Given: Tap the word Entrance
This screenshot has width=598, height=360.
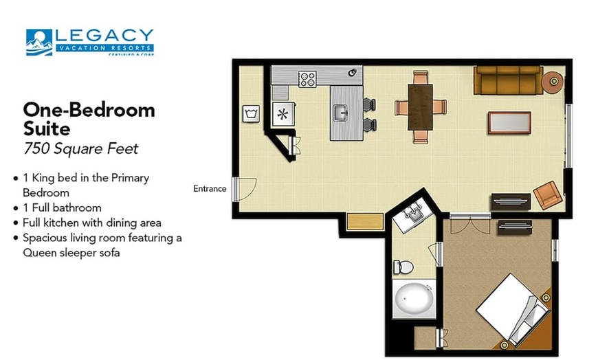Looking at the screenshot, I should (x=210, y=189).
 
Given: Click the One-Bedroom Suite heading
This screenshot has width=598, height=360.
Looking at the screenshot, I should (x=89, y=118).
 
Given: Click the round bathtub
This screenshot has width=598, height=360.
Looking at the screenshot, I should (x=414, y=301).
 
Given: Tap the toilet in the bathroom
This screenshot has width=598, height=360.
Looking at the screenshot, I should (x=403, y=267).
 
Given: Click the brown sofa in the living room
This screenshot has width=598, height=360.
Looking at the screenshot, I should (x=507, y=80).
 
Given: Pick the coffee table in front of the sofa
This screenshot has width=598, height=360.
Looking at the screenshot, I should (x=509, y=122).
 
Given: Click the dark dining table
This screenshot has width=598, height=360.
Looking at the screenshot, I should (x=420, y=106).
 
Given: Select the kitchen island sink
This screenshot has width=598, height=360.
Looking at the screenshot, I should (x=340, y=111).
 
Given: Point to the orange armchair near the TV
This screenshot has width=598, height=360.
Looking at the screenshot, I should (x=547, y=194).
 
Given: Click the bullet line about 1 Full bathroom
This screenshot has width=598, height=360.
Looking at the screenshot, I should (x=63, y=207).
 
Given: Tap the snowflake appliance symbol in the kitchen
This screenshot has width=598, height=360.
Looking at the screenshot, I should (x=283, y=114).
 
